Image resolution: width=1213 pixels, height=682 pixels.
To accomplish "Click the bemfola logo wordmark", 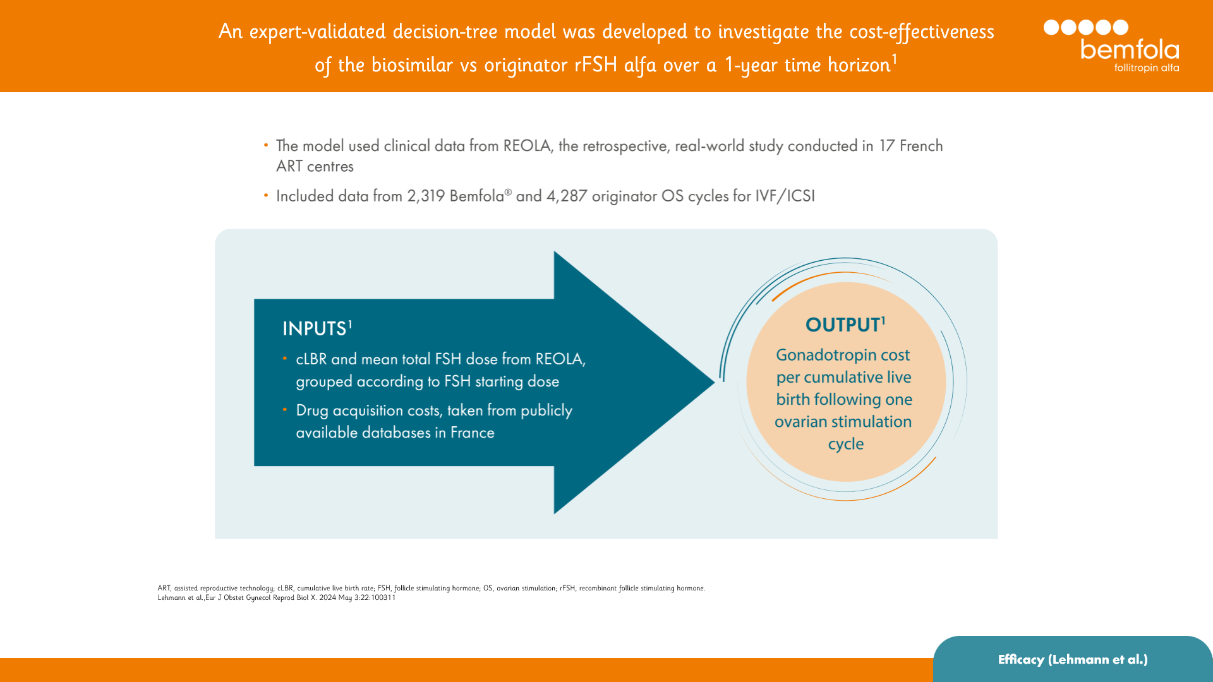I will click(1129, 49).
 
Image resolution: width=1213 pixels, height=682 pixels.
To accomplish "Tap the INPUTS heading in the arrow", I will click(315, 329).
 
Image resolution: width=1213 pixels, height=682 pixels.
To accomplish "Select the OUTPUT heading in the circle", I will click(843, 325).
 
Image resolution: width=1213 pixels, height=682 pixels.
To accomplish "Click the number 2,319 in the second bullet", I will click(426, 196).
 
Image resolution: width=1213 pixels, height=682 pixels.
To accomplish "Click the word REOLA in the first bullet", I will click(526, 146).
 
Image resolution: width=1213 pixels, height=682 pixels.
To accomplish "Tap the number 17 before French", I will click(886, 146).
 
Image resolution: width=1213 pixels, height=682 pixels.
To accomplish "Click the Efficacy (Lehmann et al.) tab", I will click(1073, 659).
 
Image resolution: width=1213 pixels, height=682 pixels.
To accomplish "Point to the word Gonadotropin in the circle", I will click(816, 355).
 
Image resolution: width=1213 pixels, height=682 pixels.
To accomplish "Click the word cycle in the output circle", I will click(845, 444).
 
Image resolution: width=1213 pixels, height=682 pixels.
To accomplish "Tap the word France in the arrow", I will click(472, 433).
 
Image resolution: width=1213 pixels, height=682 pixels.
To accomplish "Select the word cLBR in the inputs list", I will click(311, 359).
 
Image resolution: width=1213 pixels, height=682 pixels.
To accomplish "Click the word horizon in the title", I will click(859, 65).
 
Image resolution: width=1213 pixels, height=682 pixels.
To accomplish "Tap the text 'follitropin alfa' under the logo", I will click(1146, 68).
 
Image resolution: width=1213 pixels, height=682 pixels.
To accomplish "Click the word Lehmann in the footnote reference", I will click(171, 597).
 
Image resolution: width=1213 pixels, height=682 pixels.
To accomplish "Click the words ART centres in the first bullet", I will click(315, 167).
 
